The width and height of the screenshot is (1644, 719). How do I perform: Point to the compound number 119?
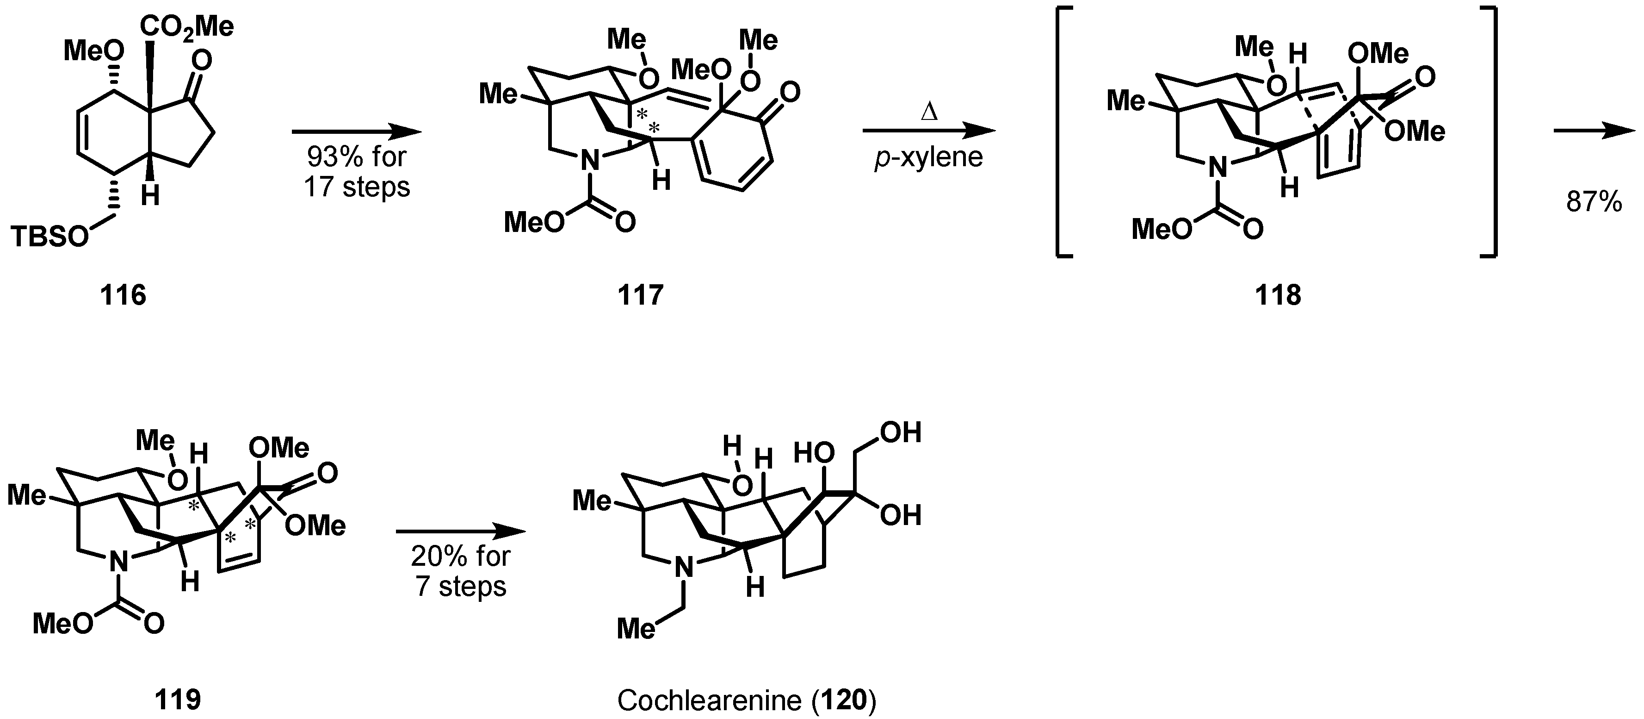point(178,700)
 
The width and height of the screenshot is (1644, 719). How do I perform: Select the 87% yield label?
point(1594,202)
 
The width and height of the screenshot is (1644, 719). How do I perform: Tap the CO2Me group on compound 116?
point(186,27)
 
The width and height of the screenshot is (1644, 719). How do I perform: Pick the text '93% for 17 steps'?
point(357,172)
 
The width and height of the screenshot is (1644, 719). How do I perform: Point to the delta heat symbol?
point(928,113)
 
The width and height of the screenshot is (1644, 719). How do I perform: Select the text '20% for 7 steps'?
point(461,571)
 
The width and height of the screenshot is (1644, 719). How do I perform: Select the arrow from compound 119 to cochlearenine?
point(461,531)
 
